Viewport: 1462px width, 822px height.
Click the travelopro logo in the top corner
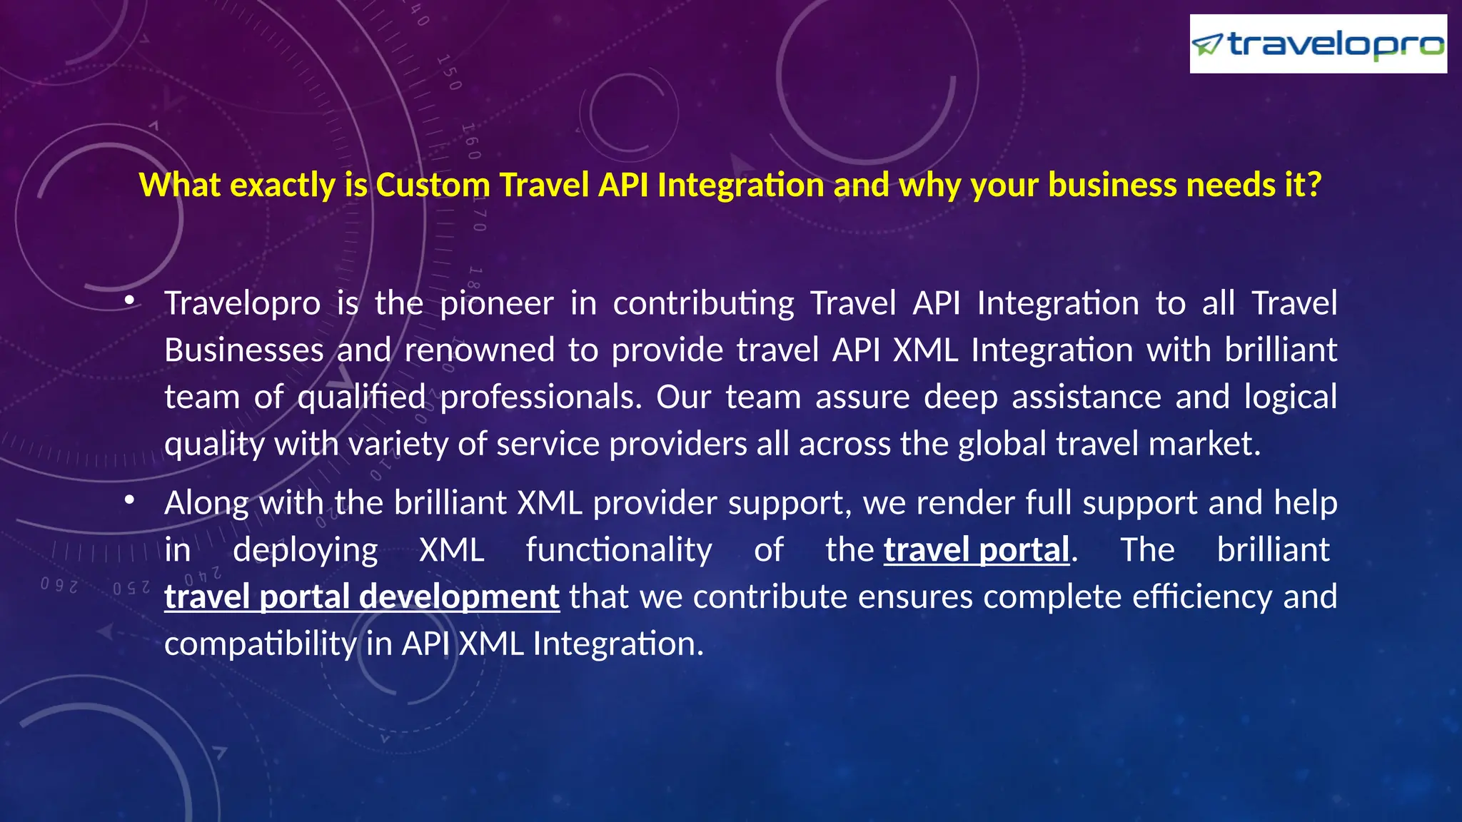1318,44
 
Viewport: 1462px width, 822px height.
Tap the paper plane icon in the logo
1208,45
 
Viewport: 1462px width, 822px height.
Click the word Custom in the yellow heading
433,186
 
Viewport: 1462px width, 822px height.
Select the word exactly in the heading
282,186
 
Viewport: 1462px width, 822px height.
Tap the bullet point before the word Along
129,501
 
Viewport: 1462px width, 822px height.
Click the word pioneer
496,304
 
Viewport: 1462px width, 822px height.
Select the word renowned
479,350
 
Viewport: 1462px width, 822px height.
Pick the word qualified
361,397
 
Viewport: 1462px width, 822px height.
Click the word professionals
540,397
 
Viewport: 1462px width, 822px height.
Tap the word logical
1290,397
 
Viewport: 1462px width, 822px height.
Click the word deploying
306,550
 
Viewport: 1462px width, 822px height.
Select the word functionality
619,550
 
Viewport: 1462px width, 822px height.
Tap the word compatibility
260,644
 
